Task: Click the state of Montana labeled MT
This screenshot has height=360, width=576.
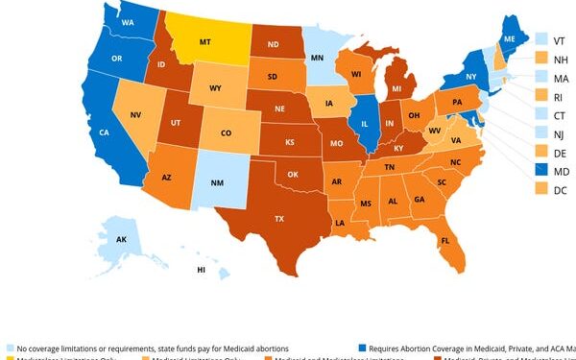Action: click(204, 42)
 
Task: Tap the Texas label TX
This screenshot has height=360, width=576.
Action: click(279, 219)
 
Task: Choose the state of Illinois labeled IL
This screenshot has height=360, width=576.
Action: click(366, 123)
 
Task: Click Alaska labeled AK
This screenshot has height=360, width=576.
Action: click(121, 239)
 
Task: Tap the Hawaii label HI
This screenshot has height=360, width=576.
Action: click(201, 271)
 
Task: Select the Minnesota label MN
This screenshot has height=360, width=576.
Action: click(317, 58)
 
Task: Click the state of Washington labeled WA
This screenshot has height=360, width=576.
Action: click(128, 20)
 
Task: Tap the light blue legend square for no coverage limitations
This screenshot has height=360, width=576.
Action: click(9, 348)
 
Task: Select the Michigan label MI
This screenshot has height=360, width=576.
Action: click(396, 88)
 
